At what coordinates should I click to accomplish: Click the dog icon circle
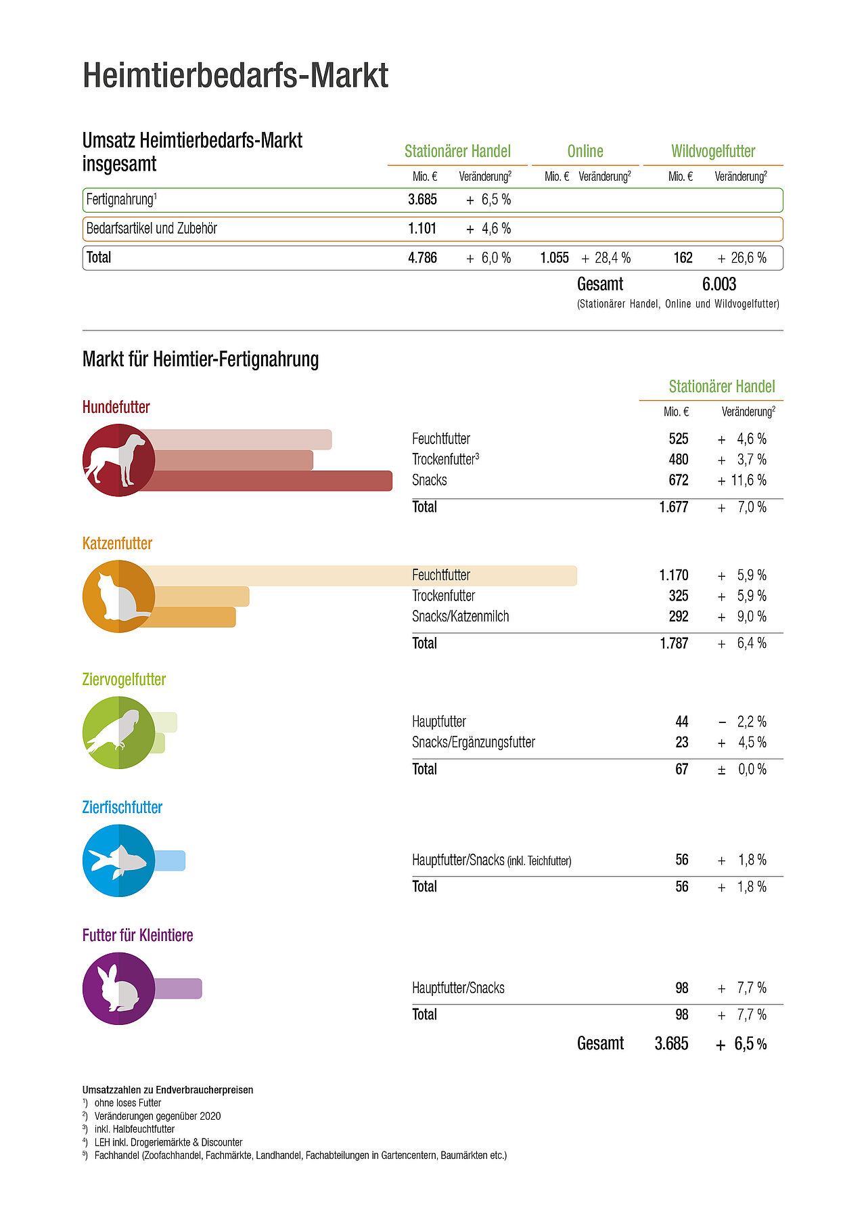click(118, 460)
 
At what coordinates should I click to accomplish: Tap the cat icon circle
click(118, 596)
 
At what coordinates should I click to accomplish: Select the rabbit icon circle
click(118, 988)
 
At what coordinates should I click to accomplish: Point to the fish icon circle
click(118, 860)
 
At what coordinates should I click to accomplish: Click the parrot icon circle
click(118, 732)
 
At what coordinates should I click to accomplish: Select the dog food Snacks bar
click(271, 481)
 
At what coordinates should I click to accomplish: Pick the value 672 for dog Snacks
click(678, 480)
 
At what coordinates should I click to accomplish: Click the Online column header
click(585, 151)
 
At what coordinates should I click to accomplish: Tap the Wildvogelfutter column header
click(713, 151)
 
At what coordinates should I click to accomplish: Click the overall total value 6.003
click(719, 284)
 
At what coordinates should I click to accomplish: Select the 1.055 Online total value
click(554, 258)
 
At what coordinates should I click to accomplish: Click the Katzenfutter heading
click(117, 544)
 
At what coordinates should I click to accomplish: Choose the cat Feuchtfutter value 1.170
click(674, 575)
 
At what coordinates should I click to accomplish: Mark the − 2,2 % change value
click(742, 722)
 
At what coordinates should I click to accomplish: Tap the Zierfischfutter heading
click(122, 807)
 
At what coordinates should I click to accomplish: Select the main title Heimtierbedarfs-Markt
click(235, 75)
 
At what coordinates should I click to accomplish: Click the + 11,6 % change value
click(742, 480)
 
